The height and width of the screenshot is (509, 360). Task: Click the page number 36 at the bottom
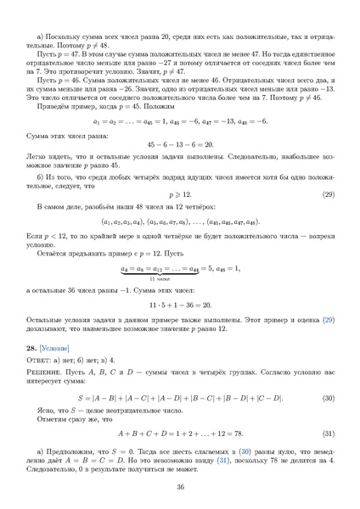(x=180, y=487)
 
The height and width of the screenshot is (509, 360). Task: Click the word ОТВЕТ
(x=38, y=361)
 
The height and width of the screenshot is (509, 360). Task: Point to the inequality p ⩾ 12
(x=179, y=194)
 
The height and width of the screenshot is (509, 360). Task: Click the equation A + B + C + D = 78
(x=179, y=432)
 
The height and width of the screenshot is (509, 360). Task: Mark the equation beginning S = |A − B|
(x=179, y=397)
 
